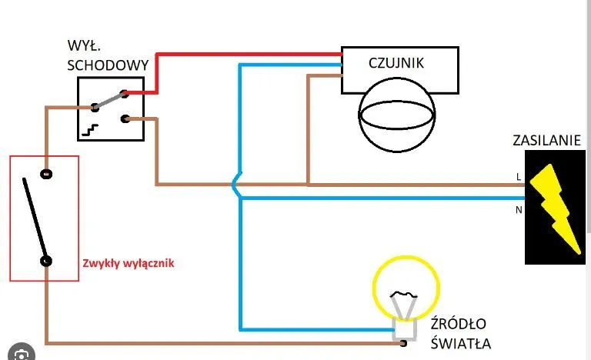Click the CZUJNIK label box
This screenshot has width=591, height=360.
point(399,70)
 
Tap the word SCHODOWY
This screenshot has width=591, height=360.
point(107,65)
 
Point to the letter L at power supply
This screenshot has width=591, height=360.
point(519,177)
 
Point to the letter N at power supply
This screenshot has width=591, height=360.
point(519,208)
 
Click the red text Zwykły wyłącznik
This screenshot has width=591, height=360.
point(128,262)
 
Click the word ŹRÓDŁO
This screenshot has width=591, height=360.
point(459,324)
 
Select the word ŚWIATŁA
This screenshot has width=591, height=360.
point(460,343)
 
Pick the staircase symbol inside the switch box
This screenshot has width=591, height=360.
point(92,129)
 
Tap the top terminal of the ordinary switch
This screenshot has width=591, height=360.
point(46,174)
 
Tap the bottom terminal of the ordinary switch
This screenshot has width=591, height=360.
point(46,261)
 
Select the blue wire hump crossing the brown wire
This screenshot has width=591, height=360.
point(237,185)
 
